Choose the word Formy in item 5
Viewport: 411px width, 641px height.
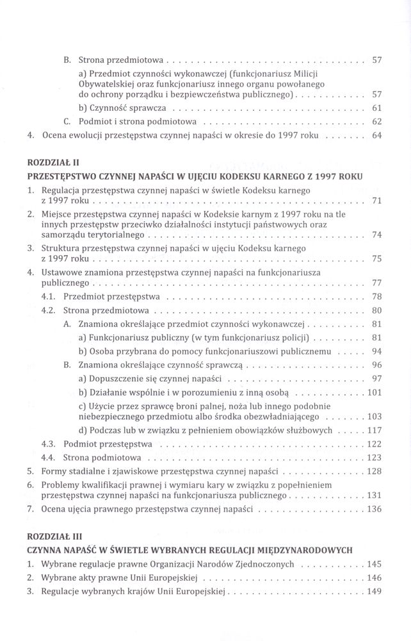tap(54, 471)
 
